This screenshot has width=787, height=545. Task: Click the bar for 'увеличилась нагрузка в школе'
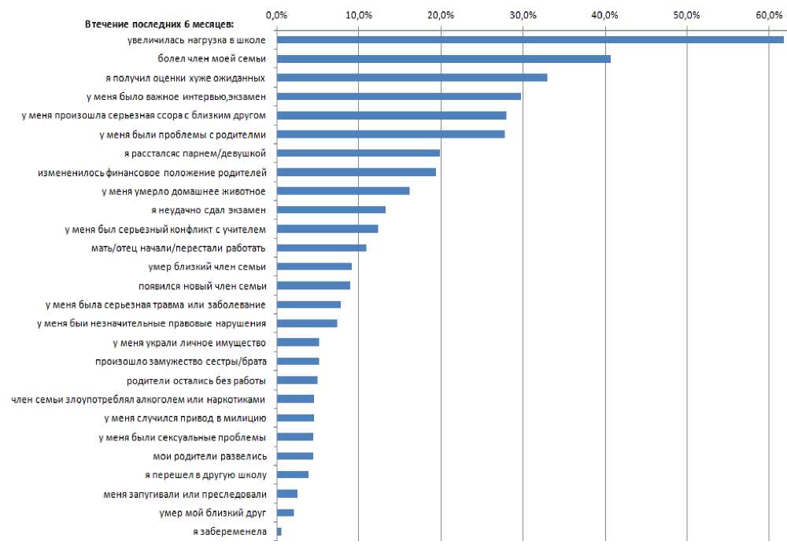530,39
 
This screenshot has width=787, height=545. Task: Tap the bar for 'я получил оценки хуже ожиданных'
412,77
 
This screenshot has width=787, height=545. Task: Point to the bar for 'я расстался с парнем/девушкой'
358,153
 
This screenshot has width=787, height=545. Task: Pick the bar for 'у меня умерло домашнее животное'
343,190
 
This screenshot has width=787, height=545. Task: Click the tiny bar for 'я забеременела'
279,532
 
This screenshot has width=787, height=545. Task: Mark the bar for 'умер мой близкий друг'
285,513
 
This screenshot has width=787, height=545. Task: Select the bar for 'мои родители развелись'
295,456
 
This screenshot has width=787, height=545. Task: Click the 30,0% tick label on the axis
523,15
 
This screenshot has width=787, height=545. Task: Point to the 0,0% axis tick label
276,15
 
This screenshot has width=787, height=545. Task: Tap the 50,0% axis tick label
687,15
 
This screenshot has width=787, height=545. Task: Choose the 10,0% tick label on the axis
358,15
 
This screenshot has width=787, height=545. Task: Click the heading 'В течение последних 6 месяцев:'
143,24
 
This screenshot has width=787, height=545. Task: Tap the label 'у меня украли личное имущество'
189,342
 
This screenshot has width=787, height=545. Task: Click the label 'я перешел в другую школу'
205,475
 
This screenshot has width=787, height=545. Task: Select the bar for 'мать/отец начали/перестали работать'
321,248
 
